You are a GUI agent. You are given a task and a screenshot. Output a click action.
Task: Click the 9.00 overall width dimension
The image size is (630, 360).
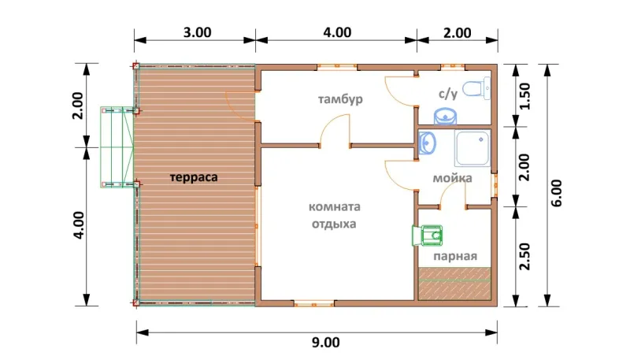point(325,343)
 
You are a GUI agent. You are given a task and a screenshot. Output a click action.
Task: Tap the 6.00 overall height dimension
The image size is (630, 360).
point(557,193)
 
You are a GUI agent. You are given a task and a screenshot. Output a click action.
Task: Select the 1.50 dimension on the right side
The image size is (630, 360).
point(524,96)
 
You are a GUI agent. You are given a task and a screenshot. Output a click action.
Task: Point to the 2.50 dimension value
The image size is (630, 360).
point(524,256)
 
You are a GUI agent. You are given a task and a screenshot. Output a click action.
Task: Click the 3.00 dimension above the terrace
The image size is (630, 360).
point(198,32)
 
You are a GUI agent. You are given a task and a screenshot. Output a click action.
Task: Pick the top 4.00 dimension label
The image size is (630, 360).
point(337,32)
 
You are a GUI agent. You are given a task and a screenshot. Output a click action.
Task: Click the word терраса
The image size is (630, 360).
point(194,177)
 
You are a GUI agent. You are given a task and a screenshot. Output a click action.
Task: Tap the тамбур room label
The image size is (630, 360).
point(340,98)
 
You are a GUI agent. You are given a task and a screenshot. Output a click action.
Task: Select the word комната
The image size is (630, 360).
point(334,207)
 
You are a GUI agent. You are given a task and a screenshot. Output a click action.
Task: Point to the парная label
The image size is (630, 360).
point(455,256)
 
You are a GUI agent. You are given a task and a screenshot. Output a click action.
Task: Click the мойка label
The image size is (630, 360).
point(452,178)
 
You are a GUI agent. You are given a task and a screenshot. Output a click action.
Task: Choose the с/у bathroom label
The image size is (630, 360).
point(448,94)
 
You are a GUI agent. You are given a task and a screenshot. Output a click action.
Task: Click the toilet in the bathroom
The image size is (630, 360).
point(476,88)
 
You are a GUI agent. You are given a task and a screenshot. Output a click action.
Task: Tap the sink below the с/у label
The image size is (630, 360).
point(445,116)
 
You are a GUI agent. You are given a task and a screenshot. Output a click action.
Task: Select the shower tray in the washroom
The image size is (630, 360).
point(472,148)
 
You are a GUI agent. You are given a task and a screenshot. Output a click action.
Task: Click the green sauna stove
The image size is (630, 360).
point(428,236)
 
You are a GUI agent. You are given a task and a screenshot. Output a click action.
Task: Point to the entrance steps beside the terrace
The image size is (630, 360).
point(117,147)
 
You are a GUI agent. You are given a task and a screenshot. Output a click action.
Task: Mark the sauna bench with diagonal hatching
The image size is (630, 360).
point(455,284)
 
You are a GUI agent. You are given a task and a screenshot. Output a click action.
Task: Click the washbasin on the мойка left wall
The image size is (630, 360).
point(427,143)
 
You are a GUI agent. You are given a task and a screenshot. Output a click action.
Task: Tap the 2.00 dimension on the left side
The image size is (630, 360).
point(77,106)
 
